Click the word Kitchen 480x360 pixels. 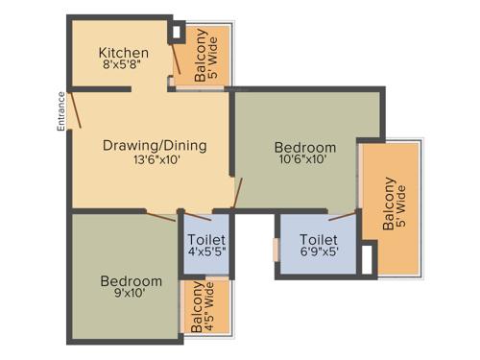(124, 53)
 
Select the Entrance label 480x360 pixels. (60, 110)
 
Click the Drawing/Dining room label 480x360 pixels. (155, 146)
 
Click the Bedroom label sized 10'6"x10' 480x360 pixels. (305, 147)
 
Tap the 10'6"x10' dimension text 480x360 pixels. (305, 161)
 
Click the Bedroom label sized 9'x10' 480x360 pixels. (132, 280)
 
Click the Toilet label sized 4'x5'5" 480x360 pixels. (206, 239)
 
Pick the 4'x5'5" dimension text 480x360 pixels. (206, 253)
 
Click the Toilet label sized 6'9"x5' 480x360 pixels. (318, 239)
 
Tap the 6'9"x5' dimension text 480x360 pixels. (318, 253)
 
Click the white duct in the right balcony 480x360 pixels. (368, 256)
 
